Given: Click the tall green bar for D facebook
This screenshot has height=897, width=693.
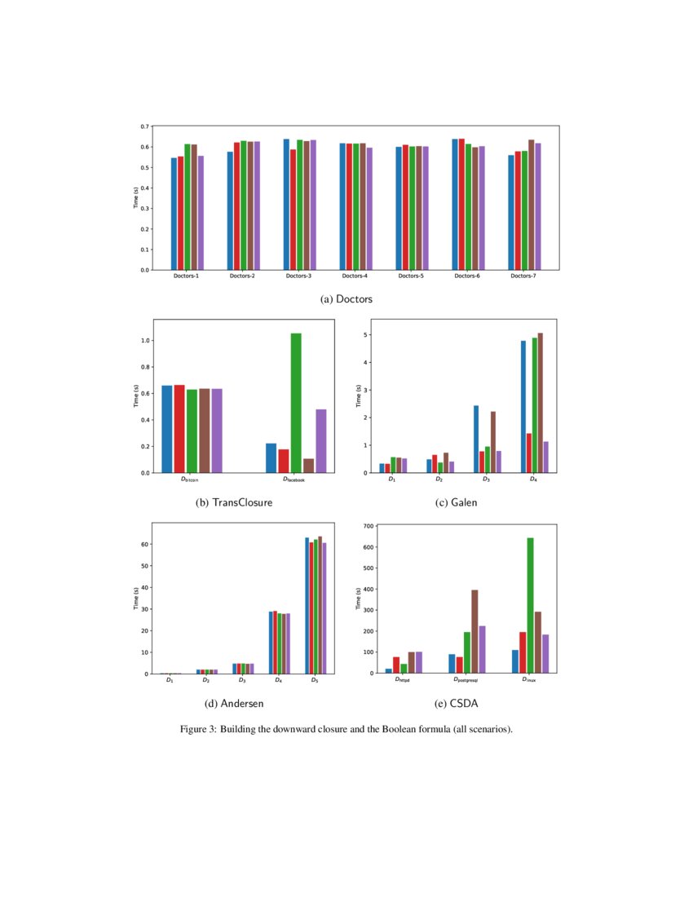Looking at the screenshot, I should (x=296, y=403).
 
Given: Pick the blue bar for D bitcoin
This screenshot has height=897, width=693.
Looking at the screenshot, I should (x=167, y=429).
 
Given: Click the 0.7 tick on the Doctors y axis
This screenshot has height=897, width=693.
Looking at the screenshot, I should (x=143, y=126).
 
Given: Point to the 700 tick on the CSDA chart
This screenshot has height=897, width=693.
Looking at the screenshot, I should (x=365, y=526).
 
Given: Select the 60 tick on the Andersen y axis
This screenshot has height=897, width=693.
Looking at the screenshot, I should (x=144, y=545).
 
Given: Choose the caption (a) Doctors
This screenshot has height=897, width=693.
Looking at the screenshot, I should (x=346, y=300).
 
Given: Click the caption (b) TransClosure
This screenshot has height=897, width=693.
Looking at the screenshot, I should (x=234, y=503).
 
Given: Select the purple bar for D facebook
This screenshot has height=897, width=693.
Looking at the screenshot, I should (x=321, y=441).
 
